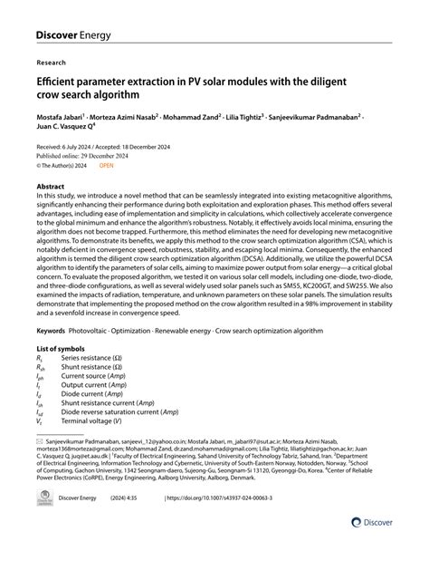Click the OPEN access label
[x=107, y=167]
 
